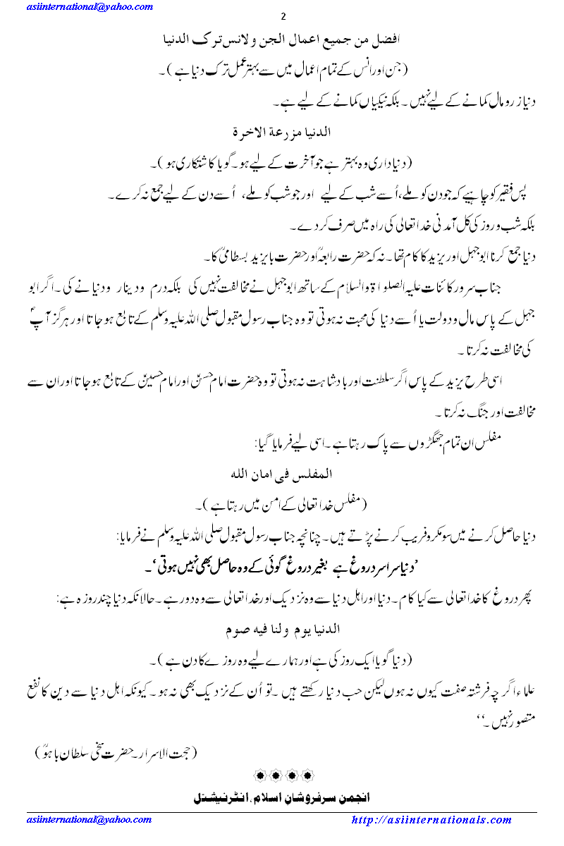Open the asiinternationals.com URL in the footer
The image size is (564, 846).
(431, 820)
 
